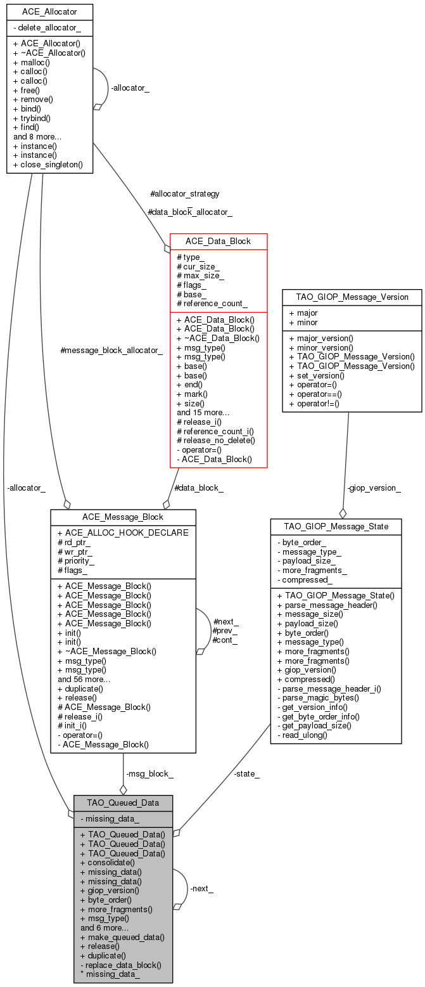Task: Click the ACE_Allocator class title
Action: coord(49,12)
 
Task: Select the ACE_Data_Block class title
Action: coord(218,242)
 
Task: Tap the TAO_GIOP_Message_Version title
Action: coord(352,297)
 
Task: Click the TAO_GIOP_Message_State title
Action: coord(336,526)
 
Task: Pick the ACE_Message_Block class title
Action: coord(123,517)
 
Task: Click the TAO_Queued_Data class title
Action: coord(123,803)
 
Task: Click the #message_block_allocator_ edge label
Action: coord(111,350)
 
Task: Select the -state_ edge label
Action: coord(246,773)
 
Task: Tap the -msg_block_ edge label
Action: coord(149,773)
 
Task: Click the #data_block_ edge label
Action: coord(198,487)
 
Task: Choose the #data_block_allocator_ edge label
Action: coord(189,212)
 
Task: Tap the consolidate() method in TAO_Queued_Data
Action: coord(108,862)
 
